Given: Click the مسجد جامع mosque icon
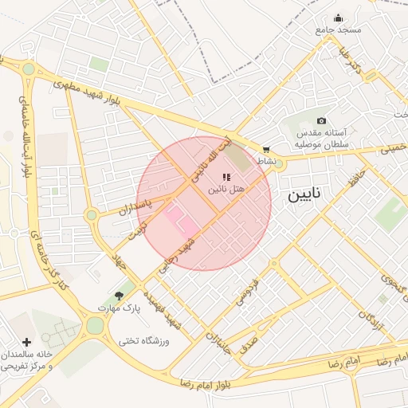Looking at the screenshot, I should (338, 18).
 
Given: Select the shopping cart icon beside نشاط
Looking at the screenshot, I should (265, 149).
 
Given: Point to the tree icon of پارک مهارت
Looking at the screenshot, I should (120, 296).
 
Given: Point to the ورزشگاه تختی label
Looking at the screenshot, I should (144, 340).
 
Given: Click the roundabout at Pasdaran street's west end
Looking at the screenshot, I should (92, 214).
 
